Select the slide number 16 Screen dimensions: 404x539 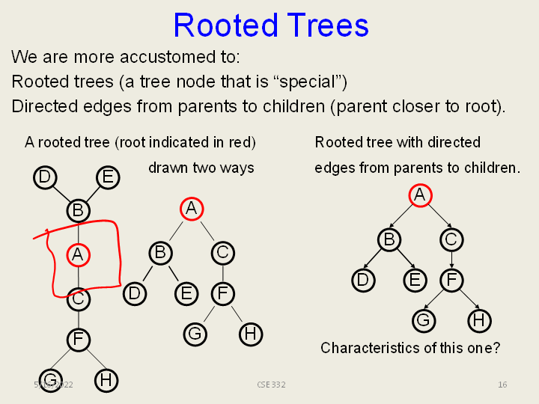(502, 385)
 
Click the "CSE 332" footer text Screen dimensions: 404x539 (271, 385)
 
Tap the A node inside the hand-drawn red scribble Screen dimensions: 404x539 (78, 255)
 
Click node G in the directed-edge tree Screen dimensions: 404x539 (424, 320)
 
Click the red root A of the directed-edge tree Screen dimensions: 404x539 (420, 195)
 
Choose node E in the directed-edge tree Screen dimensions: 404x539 (414, 280)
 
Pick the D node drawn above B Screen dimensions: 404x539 (45, 177)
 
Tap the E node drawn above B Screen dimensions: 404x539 (108, 177)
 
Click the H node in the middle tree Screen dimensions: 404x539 (251, 334)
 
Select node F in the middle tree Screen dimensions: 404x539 (222, 293)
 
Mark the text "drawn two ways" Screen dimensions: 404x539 (201, 168)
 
